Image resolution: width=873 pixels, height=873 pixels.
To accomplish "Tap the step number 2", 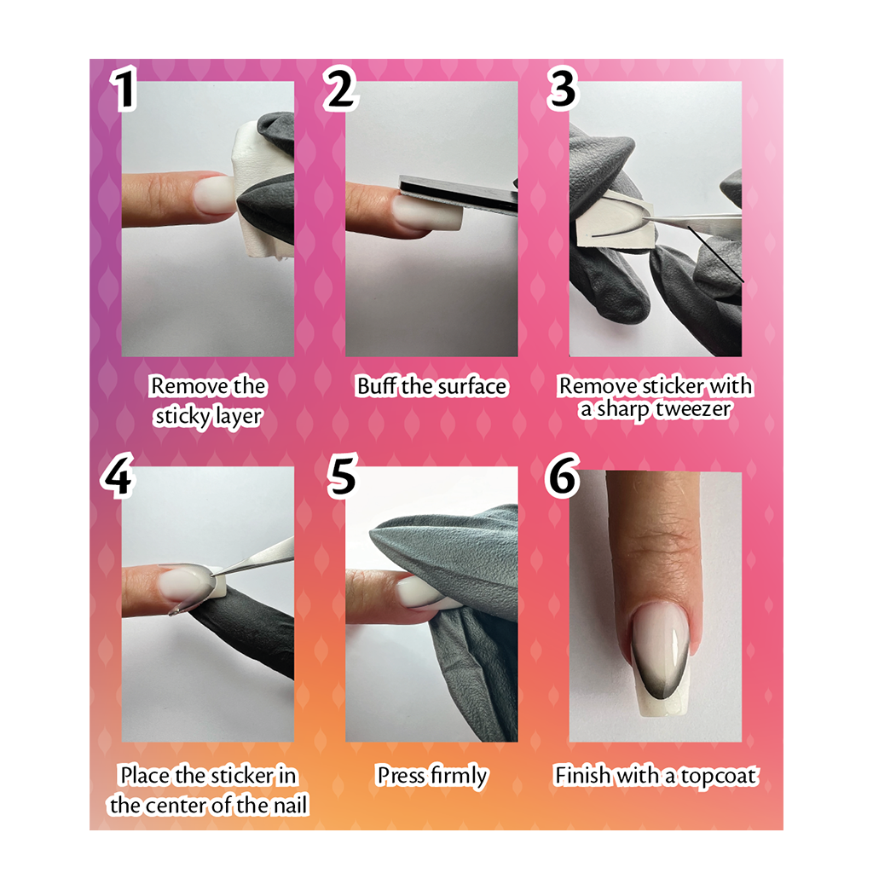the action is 341,88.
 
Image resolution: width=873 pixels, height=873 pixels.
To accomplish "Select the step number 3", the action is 563,88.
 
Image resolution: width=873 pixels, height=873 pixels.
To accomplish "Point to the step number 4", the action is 117,475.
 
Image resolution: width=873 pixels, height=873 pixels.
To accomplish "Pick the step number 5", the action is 342,475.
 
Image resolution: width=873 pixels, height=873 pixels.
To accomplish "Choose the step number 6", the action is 563,475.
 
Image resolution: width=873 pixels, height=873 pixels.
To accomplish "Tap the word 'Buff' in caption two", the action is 376,386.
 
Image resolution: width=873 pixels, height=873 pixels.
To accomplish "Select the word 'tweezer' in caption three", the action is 692,409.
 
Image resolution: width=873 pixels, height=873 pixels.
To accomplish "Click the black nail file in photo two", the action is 459,196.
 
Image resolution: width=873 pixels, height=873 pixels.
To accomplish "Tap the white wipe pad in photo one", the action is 253,192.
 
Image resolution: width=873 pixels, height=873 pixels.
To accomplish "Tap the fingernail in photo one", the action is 214,195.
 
